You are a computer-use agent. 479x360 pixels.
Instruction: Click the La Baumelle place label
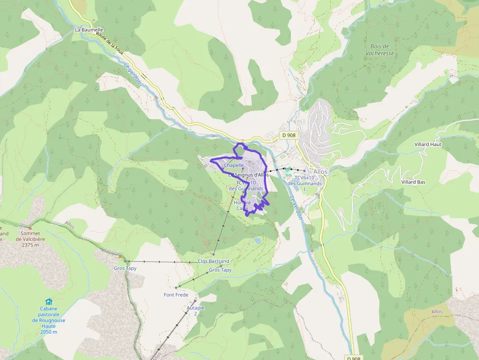click(89, 30)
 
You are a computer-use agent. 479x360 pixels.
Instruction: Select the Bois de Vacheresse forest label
click(379, 50)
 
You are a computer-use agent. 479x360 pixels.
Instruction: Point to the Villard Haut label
click(428, 145)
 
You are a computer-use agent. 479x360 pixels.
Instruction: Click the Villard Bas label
click(413, 182)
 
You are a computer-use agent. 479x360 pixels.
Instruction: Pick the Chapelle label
click(234, 166)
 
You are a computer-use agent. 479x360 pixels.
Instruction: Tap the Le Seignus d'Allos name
click(249, 175)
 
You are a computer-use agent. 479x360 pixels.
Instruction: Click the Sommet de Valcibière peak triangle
click(30, 228)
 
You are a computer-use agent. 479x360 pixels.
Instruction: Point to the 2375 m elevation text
click(30, 245)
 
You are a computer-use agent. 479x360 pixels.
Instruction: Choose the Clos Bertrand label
click(213, 261)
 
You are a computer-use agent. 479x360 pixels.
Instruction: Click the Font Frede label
click(176, 295)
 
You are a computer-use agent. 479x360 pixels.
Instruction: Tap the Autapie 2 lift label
click(196, 311)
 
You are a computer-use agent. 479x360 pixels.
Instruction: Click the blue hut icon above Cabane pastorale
click(48, 301)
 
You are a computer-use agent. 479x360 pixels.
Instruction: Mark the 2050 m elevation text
click(48, 332)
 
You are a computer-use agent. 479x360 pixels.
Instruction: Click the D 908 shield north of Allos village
click(288, 135)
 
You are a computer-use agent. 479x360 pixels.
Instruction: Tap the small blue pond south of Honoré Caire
click(257, 241)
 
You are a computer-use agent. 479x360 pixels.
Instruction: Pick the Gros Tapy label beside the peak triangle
click(125, 268)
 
